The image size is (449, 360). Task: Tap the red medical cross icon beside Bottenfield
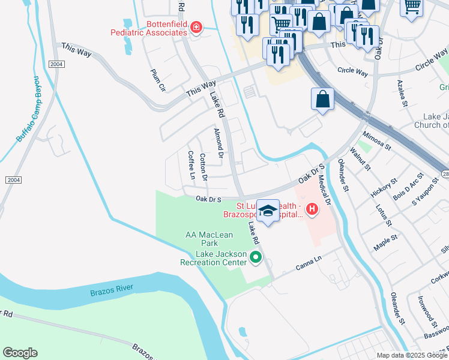pyautogui.click(x=195, y=27)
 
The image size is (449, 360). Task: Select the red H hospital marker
pyautogui.click(x=312, y=209)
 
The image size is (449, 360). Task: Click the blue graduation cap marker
pyautogui.click(x=268, y=211)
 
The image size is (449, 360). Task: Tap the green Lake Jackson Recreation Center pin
pyautogui.click(x=256, y=258)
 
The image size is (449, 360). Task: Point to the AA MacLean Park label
pyautogui.click(x=209, y=239)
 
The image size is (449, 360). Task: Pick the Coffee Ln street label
pyautogui.click(x=191, y=164)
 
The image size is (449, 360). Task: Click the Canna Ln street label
pyautogui.click(x=309, y=263)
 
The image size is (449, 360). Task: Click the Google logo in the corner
pyautogui.click(x=20, y=353)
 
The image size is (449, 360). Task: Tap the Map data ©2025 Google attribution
pyautogui.click(x=412, y=355)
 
